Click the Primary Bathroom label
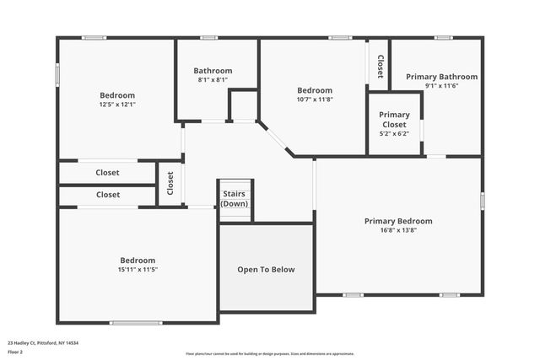pos(441,77)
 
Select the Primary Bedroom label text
pos(398,221)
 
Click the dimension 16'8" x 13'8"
pos(398,230)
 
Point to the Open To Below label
pos(266,270)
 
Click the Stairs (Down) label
pos(235,199)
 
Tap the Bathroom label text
pos(213,71)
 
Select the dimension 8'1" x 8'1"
pos(213,80)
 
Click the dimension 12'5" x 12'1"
pos(117,105)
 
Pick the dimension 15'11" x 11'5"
pos(137,270)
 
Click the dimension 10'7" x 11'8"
pos(315,99)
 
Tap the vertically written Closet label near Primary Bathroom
pos(380,67)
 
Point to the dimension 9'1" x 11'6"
pos(441,86)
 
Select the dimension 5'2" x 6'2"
pos(394,133)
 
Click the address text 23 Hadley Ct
pos(42,343)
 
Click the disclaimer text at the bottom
pos(270,353)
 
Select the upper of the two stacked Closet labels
pos(107,173)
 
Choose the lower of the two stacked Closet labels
pos(107,195)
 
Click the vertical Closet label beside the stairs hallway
pos(170,183)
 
